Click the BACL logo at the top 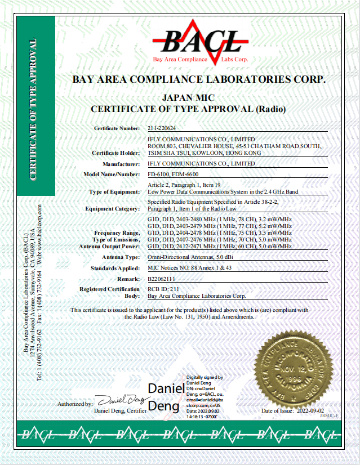click(x=201, y=41)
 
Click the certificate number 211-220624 click(x=162, y=128)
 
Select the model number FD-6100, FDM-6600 click(x=172, y=175)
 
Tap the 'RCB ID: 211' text click(x=162, y=289)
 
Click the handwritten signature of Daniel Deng click(x=121, y=400)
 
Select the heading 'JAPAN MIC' click(x=188, y=97)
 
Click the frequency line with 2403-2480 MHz click(x=219, y=219)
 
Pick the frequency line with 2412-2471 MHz click(x=219, y=246)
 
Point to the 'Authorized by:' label click(x=75, y=404)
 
